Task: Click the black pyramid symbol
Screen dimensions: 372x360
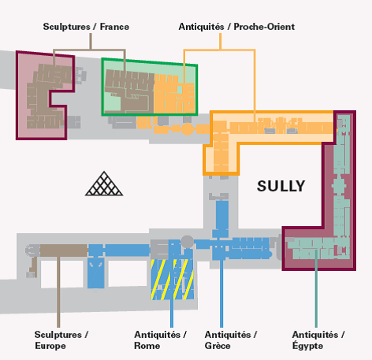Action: tap(104, 184)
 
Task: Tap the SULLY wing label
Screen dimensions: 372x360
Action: tap(281, 186)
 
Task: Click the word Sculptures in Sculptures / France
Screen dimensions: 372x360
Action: tap(67, 27)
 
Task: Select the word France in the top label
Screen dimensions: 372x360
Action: tap(114, 27)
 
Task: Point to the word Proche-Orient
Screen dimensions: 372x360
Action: tap(264, 27)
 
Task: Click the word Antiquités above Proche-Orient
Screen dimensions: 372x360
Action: tap(201, 27)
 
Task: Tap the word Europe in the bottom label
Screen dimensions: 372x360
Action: tap(50, 346)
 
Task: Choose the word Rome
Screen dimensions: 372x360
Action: tap(147, 346)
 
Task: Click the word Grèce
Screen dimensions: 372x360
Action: tap(218, 346)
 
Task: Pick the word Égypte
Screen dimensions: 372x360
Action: tap(307, 345)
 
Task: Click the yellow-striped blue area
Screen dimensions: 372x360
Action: tap(173, 280)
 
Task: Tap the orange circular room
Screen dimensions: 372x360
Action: tap(188, 129)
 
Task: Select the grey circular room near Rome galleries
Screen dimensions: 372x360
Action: tap(188, 242)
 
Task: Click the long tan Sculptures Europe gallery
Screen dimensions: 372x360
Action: tap(64, 251)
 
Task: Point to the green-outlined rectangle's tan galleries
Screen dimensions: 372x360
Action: tap(128, 90)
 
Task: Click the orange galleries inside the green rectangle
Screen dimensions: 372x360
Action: tap(174, 94)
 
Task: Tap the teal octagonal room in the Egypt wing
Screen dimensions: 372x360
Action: tap(339, 186)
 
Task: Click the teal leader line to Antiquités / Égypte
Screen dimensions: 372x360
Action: tap(316, 288)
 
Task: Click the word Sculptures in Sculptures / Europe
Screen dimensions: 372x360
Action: tap(58, 335)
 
